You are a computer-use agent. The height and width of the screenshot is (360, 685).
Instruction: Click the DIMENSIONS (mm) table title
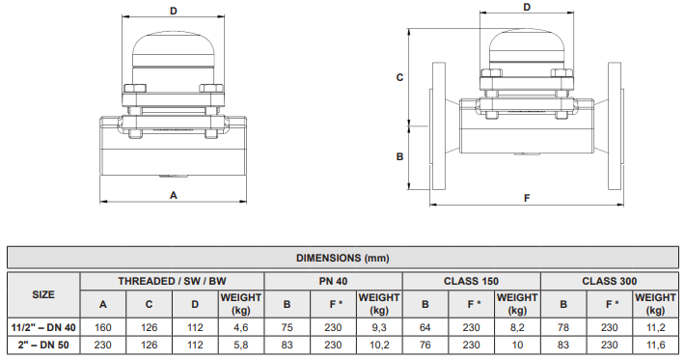[342, 258]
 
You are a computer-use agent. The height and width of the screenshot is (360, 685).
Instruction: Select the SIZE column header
[43, 293]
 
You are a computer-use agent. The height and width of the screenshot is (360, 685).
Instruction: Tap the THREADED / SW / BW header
[173, 281]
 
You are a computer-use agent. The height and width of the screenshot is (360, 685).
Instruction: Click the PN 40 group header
[333, 281]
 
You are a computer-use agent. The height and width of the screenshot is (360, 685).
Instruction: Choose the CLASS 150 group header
[471, 281]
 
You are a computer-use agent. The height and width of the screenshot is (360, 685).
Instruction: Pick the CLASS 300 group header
[609, 281]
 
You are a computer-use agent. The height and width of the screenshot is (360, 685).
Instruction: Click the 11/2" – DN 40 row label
[43, 327]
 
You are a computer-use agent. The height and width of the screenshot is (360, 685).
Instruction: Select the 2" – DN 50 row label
[43, 345]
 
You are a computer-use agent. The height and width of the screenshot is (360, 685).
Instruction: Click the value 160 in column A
[103, 327]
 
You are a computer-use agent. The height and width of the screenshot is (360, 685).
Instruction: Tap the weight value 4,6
[241, 327]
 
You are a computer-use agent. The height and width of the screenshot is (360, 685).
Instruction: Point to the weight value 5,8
[241, 345]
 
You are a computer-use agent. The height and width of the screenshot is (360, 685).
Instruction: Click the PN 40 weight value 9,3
[379, 327]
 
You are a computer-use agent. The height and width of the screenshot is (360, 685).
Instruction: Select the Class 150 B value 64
[425, 327]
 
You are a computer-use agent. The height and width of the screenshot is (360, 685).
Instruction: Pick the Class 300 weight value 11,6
[655, 345]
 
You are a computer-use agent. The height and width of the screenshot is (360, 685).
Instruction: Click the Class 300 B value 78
[563, 327]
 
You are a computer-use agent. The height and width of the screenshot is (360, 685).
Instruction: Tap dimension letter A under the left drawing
[174, 194]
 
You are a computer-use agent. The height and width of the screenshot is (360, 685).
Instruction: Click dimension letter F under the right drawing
[527, 198]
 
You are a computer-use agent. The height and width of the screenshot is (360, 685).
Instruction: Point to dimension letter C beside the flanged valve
[399, 76]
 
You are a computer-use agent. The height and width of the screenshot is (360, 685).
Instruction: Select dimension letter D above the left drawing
[174, 12]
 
